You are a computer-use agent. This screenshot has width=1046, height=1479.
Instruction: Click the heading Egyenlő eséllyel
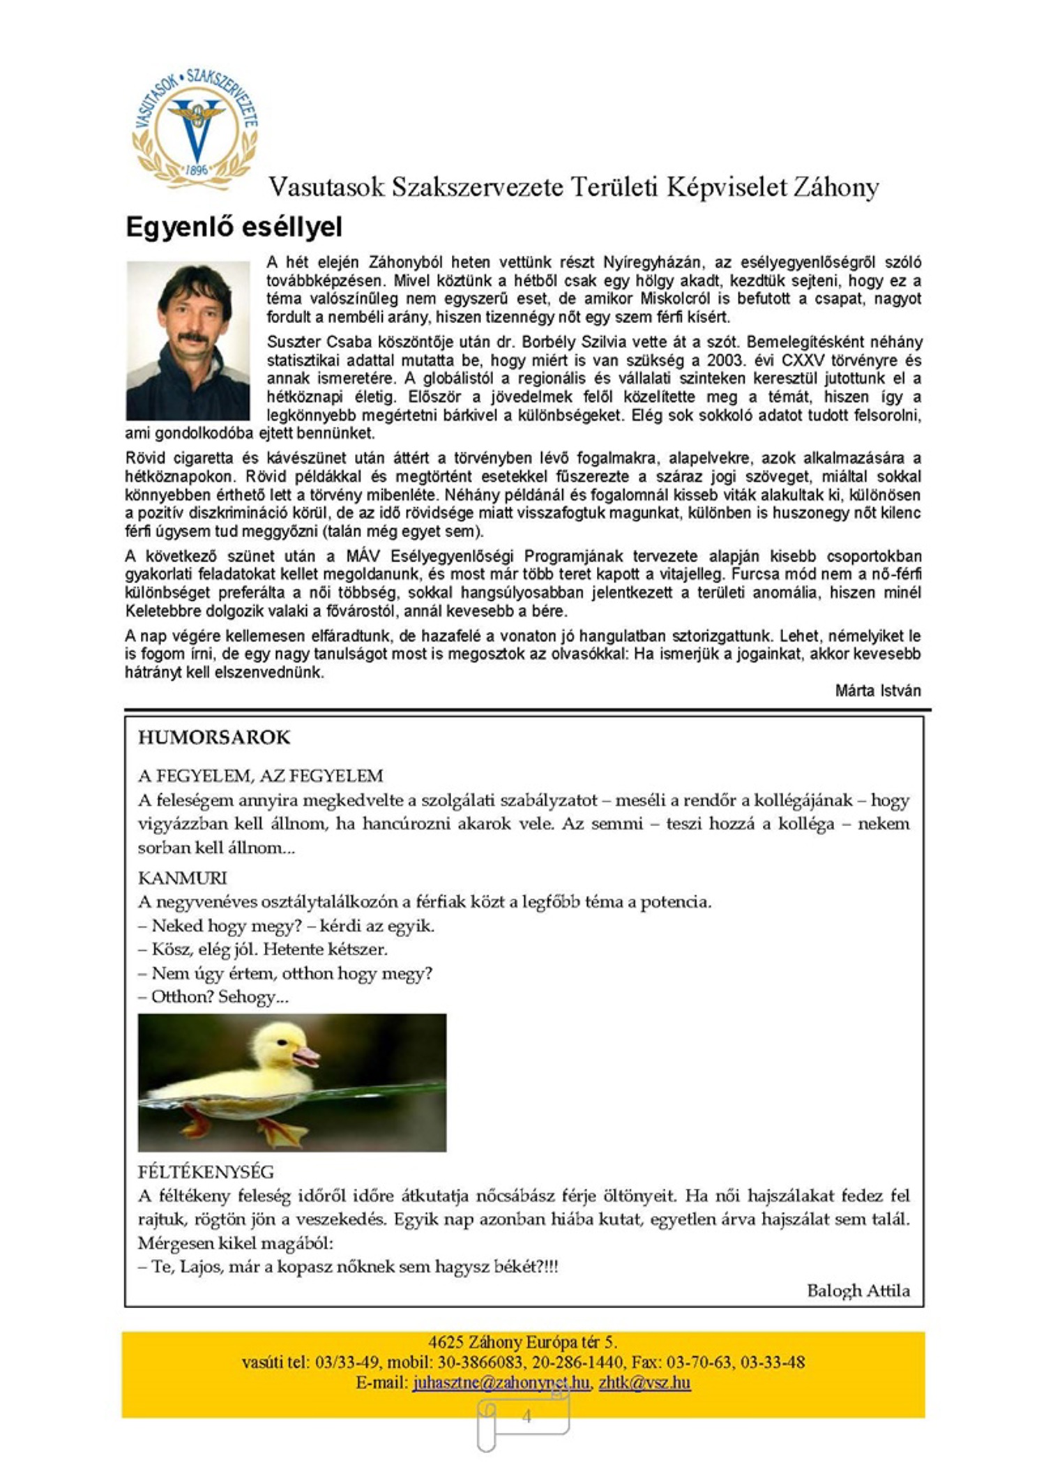tap(234, 227)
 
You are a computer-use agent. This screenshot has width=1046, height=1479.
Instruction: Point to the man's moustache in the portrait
tap(192, 337)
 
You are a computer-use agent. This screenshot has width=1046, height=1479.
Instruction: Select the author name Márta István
tap(878, 691)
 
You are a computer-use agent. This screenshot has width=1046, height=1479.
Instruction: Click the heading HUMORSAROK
tap(214, 737)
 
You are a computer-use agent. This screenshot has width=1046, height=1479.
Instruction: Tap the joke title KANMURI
tap(182, 878)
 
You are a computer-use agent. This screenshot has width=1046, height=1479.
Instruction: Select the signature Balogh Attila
tap(858, 1291)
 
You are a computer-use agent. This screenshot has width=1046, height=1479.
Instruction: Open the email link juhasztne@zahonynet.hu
tap(501, 1382)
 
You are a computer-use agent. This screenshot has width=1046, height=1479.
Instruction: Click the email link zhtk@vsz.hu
tap(644, 1382)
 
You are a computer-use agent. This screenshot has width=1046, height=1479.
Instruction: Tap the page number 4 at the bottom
tap(526, 1416)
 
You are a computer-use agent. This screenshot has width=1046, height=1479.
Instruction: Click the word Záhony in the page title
tap(835, 187)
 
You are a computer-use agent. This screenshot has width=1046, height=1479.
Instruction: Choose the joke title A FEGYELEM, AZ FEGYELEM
tap(261, 776)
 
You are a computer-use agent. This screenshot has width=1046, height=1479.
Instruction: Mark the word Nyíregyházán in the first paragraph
tap(654, 262)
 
